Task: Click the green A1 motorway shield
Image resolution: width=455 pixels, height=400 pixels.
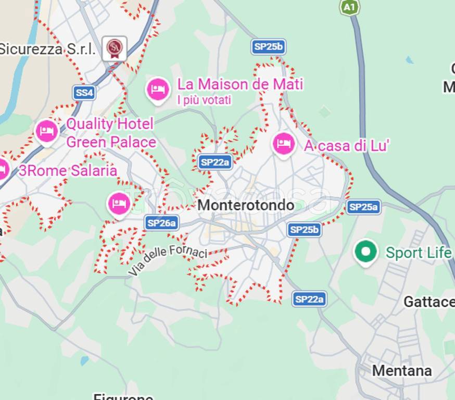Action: coord(350,7)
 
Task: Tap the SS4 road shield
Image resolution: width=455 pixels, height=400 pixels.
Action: coord(84,93)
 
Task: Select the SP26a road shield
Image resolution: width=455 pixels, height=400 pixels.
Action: coord(162,223)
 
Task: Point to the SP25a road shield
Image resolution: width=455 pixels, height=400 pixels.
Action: coord(363,207)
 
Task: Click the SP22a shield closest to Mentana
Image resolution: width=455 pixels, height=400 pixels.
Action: coord(309,299)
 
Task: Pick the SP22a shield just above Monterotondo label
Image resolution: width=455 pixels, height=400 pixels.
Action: coord(215,162)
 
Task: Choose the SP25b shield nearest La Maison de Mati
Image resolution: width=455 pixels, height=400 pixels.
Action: coord(269,47)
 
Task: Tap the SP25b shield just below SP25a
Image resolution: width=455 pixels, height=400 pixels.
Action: coord(304,229)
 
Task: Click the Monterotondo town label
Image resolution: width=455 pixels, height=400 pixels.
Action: coord(246,205)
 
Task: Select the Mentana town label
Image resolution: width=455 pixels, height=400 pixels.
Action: coord(402,370)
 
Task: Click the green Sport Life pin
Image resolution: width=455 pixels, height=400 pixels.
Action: coord(365,252)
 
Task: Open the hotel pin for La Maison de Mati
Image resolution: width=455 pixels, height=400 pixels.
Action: coord(158,90)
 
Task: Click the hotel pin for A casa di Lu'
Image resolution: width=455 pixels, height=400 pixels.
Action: coord(284,143)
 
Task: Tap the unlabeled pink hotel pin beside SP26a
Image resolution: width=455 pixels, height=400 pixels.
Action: coord(119,204)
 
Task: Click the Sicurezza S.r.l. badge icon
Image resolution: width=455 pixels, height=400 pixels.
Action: coord(114,48)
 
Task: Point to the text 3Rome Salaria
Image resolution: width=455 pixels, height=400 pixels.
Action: coord(68,170)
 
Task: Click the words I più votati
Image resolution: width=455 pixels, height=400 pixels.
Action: coord(204,100)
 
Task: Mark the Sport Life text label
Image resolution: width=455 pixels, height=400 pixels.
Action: coord(418,253)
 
